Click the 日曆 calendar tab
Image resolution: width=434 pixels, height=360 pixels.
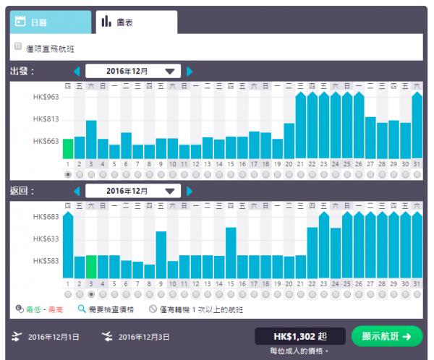[50, 22]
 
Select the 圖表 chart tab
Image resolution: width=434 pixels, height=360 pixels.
[135, 22]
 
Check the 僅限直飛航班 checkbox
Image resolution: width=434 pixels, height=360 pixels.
[19, 47]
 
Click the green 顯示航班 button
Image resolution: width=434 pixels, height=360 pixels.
[386, 336]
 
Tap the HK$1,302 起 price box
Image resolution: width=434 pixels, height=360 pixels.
[299, 336]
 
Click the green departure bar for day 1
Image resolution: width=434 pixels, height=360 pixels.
[68, 149]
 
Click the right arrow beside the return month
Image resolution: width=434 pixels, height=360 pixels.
[190, 191]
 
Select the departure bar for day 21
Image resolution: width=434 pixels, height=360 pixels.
[300, 127]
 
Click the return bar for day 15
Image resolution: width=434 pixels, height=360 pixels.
[231, 253]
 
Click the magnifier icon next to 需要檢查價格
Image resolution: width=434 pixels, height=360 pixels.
[81, 308]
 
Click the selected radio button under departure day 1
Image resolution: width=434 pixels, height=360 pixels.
[68, 174]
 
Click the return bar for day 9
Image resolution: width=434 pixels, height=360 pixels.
[161, 254]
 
